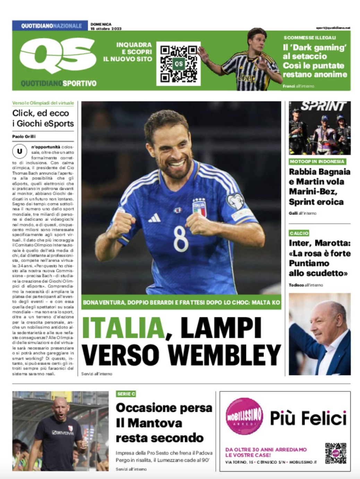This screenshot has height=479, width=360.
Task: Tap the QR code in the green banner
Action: click(178, 64)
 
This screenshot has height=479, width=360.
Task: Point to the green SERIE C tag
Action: click(126, 394)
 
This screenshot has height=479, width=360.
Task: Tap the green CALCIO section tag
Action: click(299, 233)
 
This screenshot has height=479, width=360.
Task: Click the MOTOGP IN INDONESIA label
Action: click(317, 161)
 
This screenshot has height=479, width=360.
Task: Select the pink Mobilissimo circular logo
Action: click(244, 416)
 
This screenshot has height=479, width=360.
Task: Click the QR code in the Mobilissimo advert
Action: click(335, 453)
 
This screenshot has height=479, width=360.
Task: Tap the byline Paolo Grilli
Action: click(24, 136)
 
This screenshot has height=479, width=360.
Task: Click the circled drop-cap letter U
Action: click(19, 151)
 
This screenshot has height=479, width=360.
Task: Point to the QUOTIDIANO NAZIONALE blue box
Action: click(50, 26)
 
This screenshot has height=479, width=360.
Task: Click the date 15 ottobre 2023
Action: click(106, 29)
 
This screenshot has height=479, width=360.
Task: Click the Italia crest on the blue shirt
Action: click(199, 208)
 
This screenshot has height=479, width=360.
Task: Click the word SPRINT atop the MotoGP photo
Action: click(323, 106)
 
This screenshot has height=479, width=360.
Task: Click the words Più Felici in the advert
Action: click(308, 418)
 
